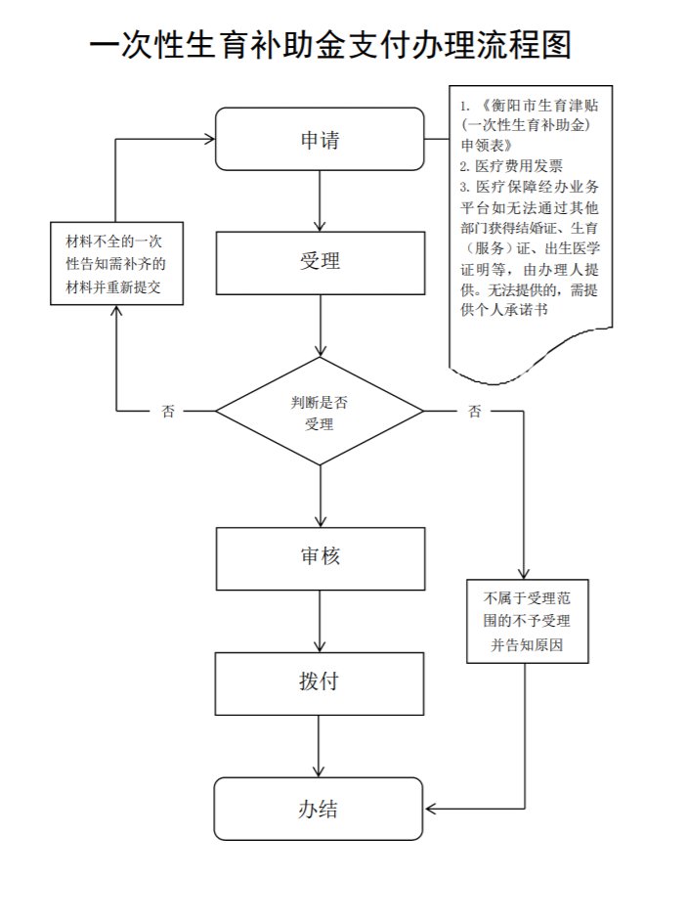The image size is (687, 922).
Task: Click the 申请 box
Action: (x=320, y=140)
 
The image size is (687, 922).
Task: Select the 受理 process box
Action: (x=320, y=263)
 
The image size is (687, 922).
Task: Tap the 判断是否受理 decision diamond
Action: (x=320, y=412)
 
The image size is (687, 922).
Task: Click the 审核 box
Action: (x=320, y=558)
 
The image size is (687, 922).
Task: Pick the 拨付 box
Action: (x=320, y=682)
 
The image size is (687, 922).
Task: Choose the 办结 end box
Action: (x=320, y=808)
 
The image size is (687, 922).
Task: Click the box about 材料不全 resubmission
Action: (x=116, y=264)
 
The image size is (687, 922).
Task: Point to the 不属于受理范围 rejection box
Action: (x=527, y=621)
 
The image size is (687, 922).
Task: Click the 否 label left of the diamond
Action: (x=169, y=412)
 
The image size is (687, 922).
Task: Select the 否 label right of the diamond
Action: (x=475, y=412)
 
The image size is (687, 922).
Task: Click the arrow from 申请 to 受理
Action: (x=320, y=200)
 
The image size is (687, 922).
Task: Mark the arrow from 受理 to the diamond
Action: (x=320, y=328)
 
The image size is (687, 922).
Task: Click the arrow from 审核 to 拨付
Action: (x=320, y=622)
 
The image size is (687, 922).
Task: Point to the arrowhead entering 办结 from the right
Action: (x=430, y=808)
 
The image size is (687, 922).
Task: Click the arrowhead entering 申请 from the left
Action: (x=208, y=140)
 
